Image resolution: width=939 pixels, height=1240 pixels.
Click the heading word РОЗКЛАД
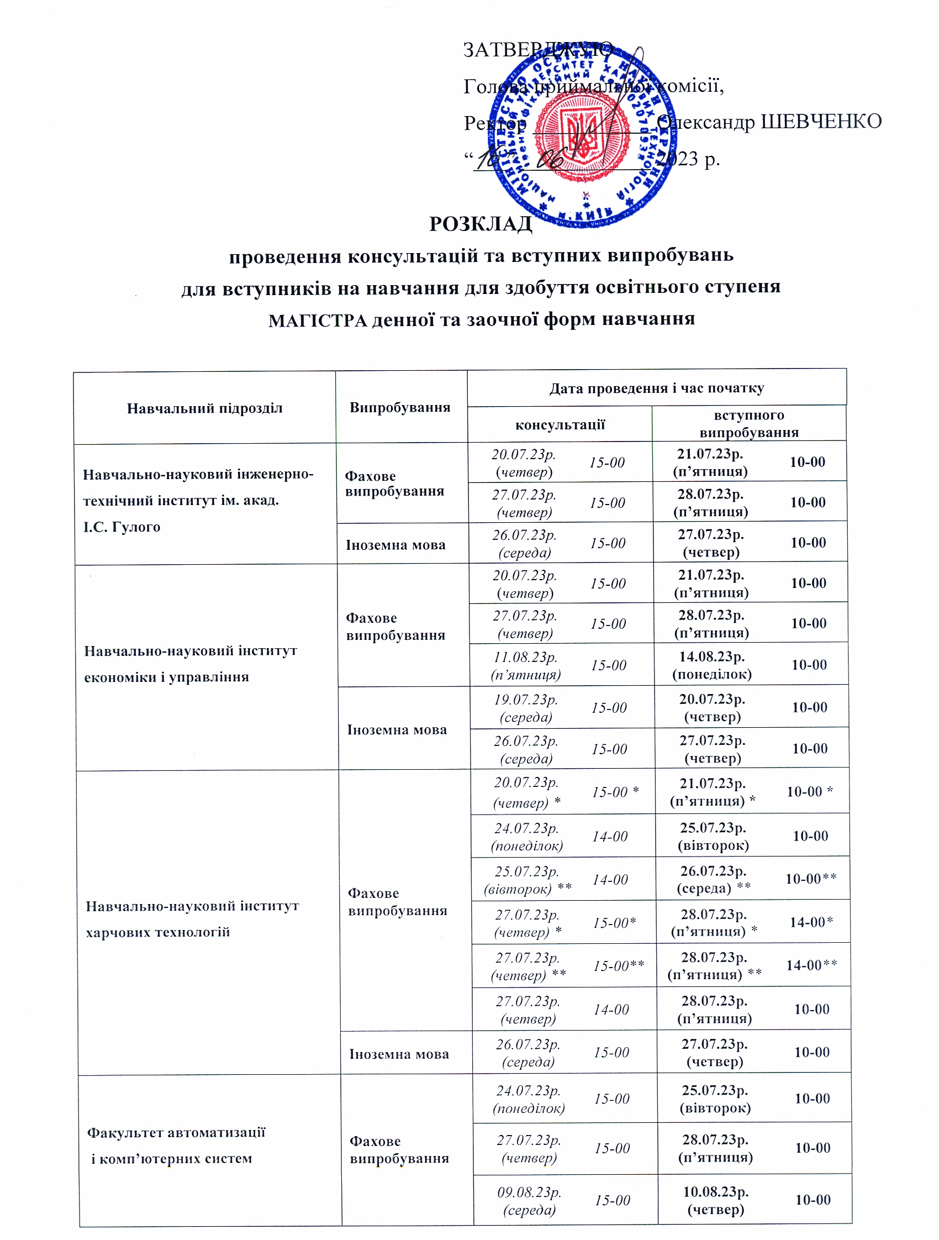click(480, 224)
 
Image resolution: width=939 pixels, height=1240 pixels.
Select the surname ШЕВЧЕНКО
click(821, 122)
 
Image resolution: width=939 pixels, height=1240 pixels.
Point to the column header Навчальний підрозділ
click(204, 408)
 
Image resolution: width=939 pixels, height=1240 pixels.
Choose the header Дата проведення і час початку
click(656, 388)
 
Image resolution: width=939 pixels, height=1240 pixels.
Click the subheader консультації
click(560, 424)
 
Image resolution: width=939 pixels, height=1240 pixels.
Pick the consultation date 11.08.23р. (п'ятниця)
click(525, 665)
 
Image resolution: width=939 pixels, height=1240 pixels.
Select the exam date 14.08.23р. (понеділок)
click(711, 665)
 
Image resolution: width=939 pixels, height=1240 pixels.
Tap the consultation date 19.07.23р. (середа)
click(525, 708)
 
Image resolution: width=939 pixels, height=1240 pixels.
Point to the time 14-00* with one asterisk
click(811, 922)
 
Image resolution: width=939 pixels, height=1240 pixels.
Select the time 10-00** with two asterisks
click(811, 879)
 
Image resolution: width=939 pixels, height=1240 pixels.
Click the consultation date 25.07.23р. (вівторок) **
click(527, 880)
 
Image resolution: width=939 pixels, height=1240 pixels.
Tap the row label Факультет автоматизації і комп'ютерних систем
click(175, 1146)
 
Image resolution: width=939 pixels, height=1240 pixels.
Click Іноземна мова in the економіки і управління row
click(397, 730)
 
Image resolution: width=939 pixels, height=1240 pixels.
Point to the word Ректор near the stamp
click(495, 123)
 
